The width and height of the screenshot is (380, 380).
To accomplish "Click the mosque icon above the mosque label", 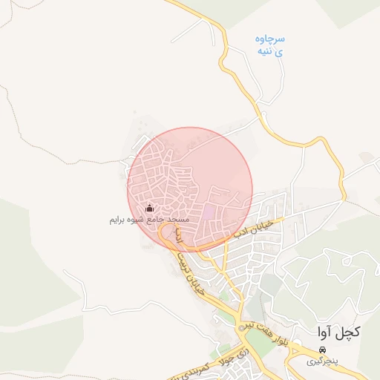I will (149, 209).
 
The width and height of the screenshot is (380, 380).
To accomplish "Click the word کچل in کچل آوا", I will (348, 331).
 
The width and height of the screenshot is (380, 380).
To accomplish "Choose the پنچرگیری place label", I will (322, 361).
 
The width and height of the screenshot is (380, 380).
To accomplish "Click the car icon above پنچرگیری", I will (322, 350).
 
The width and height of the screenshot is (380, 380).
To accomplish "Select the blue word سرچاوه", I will (270, 39).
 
